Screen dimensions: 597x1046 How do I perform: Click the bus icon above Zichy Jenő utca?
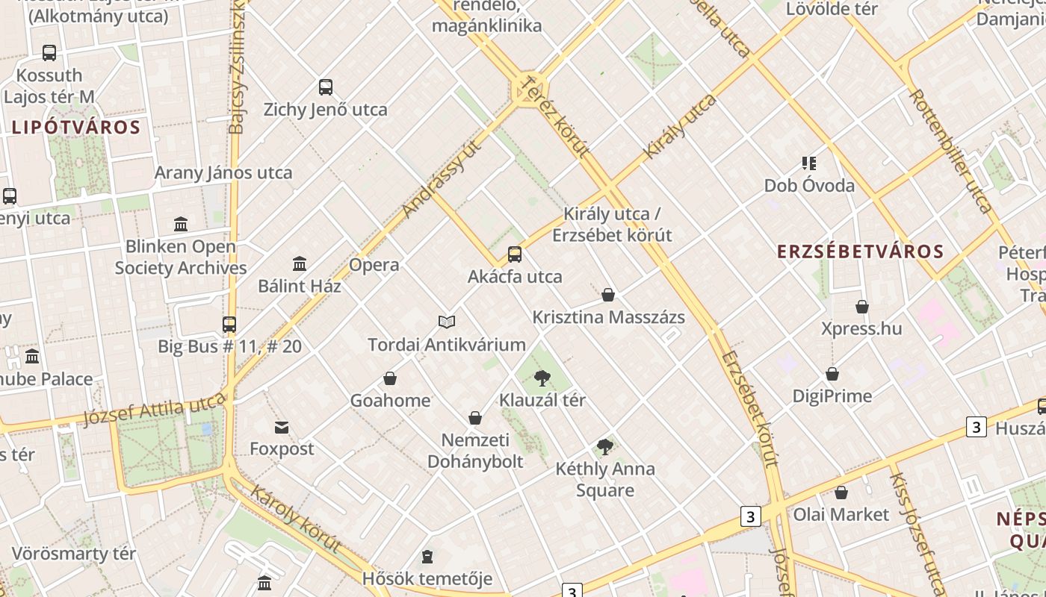pos(326,87)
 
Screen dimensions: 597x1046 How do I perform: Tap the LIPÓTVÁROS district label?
pos(76,128)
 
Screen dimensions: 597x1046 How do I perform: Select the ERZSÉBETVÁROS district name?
pos(861,251)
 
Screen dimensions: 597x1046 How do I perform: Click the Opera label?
pos(374,265)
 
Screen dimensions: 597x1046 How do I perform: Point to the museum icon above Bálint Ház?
pos(300,263)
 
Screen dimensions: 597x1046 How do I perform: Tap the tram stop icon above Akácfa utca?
pos(515,254)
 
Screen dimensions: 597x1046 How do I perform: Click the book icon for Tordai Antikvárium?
pos(447,322)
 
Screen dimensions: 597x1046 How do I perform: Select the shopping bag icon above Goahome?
pos(390,378)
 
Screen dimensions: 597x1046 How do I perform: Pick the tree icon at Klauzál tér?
pos(542,378)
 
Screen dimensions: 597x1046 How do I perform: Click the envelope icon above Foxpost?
pos(282,428)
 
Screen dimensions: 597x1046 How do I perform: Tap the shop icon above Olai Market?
pos(841,493)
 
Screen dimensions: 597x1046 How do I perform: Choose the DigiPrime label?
pos(832,396)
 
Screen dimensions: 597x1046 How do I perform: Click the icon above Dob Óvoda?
pos(809,163)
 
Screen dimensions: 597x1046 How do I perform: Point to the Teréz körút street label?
pos(557,116)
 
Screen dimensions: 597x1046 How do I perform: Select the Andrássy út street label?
pos(440,179)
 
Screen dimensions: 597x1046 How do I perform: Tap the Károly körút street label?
pos(297,520)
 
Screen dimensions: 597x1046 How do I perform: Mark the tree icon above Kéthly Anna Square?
pos(604,447)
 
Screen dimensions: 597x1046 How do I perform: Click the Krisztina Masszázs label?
pos(608,317)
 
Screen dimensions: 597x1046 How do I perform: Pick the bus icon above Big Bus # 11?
pos(229,325)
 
